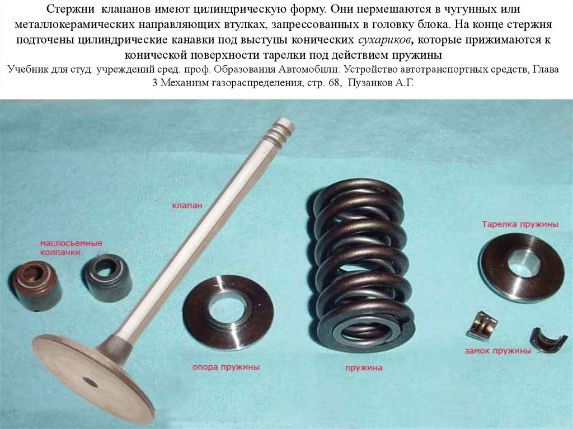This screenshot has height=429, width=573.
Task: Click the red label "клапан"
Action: pos(187,205)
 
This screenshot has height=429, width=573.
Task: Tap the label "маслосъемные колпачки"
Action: pos(71,247)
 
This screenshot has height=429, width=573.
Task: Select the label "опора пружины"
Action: pos(226,366)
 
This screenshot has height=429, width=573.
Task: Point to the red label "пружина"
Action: pos(364,367)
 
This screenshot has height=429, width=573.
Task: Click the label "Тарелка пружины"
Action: pos(520,224)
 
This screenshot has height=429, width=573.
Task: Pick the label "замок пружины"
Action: pos(497,351)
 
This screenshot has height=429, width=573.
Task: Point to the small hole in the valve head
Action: pos(90,382)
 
